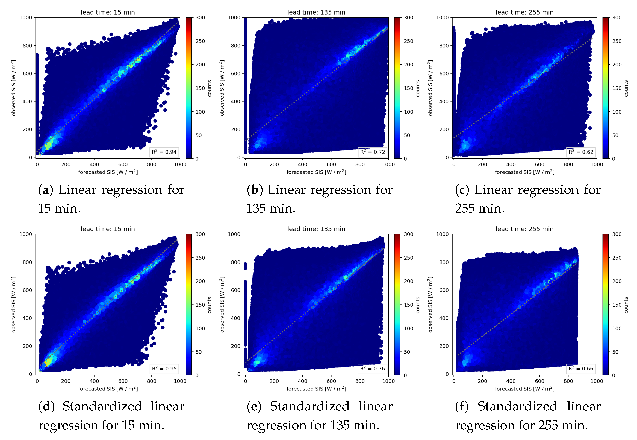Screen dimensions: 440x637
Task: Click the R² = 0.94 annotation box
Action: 164,152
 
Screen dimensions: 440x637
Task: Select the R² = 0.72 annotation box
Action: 372,152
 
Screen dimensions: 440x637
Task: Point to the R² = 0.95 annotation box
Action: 164,369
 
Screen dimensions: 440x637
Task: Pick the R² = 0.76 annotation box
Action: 372,369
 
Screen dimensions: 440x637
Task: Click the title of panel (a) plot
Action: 108,12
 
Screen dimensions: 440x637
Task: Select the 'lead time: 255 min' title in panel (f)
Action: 524,229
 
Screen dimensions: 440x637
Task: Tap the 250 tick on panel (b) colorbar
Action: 408,41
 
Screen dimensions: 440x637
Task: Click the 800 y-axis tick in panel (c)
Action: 444,45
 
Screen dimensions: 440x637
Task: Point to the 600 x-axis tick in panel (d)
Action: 123,381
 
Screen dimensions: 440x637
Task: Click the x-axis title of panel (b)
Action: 316,172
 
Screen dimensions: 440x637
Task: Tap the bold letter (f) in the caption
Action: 462,407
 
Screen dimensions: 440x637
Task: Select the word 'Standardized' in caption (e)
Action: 309,407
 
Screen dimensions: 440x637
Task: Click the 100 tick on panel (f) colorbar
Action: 617,328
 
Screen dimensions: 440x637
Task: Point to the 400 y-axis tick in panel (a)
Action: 27,102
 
